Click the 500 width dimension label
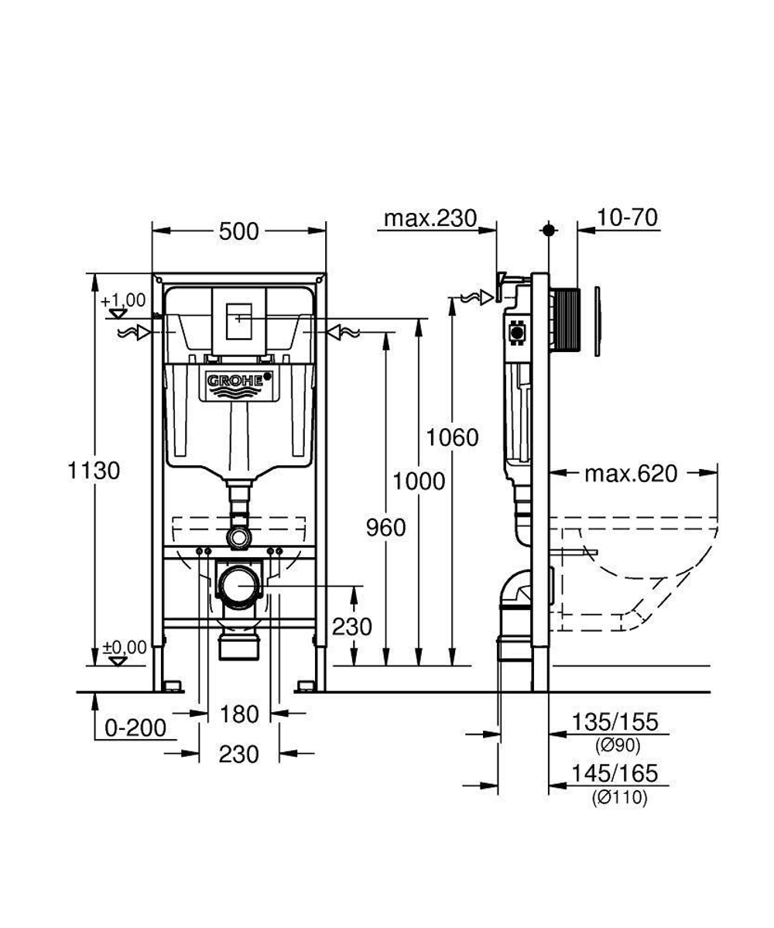click(238, 231)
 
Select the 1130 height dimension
click(94, 470)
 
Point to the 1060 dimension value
click(453, 437)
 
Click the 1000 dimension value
click(419, 481)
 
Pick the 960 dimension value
click(385, 527)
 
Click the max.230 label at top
click(430, 218)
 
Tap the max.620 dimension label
click(630, 473)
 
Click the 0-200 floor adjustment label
click(135, 728)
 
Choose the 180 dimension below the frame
click(238, 714)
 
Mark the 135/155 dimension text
click(615, 722)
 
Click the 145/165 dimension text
click(615, 772)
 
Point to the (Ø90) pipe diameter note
click(618, 746)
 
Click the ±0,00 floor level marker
click(123, 647)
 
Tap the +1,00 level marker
click(122, 300)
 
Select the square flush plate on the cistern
click(240, 320)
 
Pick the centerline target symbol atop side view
click(549, 230)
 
